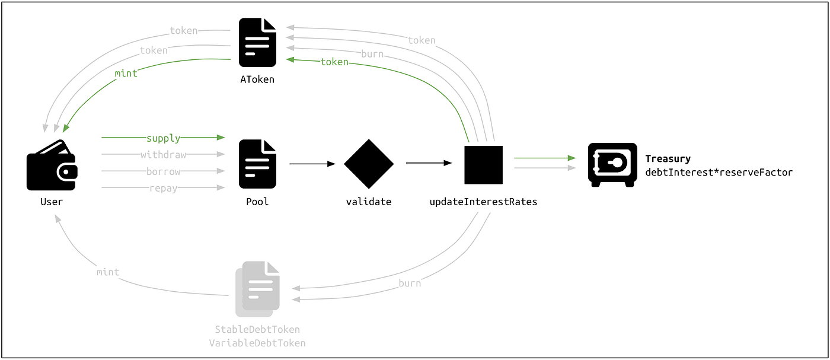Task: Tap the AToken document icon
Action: coord(257,43)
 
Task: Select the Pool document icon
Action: coord(257,164)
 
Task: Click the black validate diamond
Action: coord(369,164)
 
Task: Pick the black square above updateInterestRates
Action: coord(483,164)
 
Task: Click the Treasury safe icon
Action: coord(612,165)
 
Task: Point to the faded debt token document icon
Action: coord(258,289)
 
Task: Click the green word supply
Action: coord(164,138)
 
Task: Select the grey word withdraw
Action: coord(164,155)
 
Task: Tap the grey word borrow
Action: coord(164,171)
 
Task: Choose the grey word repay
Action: coord(164,188)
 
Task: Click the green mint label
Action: coord(126,74)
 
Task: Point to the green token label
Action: coord(334,62)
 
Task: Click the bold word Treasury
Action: coord(668,159)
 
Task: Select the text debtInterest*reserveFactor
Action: coord(719,172)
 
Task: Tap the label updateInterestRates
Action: coord(483,202)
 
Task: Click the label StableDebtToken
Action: coord(257,329)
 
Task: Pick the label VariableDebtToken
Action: coord(257,343)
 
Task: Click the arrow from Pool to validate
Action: coord(312,164)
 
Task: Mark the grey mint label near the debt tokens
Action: coord(108,272)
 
